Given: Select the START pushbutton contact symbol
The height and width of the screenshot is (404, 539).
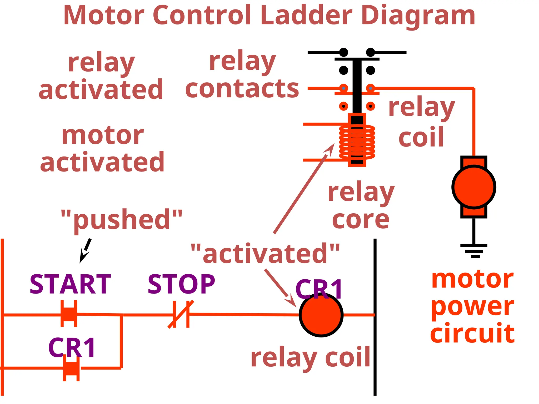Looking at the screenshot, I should [69, 314].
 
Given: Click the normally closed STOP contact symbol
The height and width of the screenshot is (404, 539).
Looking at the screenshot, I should [181, 314].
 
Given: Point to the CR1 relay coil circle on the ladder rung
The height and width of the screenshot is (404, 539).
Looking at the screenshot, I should [321, 315].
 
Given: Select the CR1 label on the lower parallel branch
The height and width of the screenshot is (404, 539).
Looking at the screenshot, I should [72, 348].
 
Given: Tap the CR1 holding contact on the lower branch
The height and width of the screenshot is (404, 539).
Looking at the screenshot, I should [71, 368].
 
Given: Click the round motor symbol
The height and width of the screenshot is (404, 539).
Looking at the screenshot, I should [474, 187].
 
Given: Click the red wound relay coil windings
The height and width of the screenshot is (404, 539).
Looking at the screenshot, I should [357, 142].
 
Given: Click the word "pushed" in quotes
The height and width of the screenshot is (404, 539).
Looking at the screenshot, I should [122, 219].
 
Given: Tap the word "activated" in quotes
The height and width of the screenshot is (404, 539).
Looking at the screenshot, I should [265, 253].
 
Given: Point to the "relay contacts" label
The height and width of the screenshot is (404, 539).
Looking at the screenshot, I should [242, 75].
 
